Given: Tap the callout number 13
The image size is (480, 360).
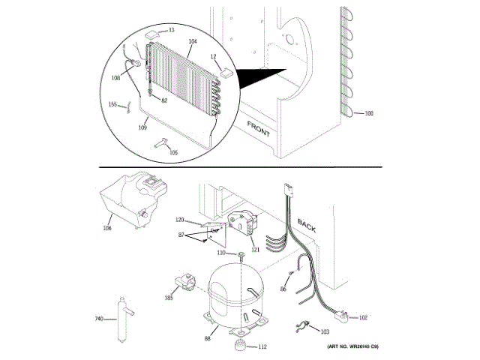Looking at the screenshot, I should pyautogui.click(x=171, y=30).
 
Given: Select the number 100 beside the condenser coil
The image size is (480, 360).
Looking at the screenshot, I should pyautogui.click(x=368, y=113).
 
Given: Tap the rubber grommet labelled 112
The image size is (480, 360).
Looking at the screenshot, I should pyautogui.click(x=240, y=346).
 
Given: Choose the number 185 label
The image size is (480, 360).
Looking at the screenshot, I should pyautogui.click(x=168, y=298).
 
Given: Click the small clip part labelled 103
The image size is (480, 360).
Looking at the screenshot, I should pyautogui.click(x=304, y=325).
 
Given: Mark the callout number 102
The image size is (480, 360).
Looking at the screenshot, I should pyautogui.click(x=364, y=317).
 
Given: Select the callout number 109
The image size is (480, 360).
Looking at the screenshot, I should pyautogui.click(x=142, y=127).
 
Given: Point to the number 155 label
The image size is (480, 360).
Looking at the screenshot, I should pyautogui.click(x=113, y=104).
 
